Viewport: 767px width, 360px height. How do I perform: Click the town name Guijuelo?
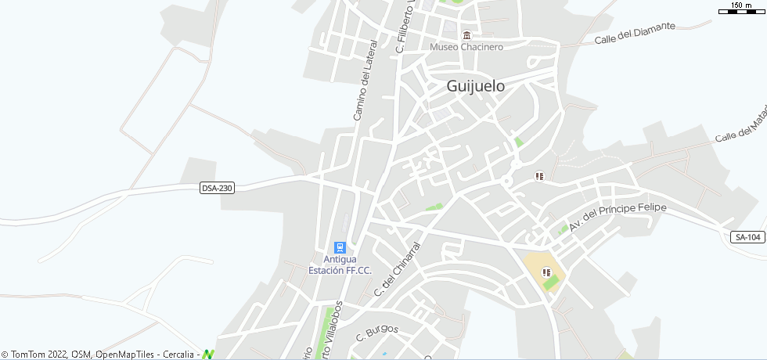475,87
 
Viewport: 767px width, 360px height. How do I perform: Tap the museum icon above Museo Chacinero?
467,35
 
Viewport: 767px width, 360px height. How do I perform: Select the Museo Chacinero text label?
466,47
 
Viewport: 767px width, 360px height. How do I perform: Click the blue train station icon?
340,247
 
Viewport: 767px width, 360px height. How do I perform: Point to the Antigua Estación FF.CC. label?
340,265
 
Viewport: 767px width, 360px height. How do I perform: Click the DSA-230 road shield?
218,188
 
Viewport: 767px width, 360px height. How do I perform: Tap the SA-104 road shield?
748,237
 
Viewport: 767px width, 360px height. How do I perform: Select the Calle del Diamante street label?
635,32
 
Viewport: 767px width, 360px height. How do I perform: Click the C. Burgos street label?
377,333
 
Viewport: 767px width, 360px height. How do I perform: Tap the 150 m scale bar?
740,9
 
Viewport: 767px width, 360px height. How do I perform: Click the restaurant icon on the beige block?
547,272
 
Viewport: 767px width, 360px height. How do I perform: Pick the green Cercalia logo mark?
207,355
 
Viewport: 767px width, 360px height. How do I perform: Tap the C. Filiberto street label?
405,27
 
